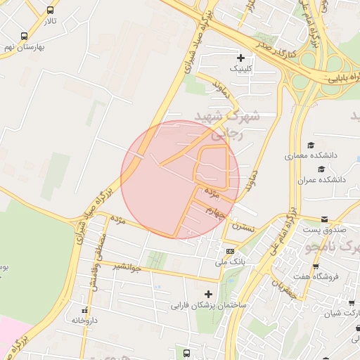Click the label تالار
point(49,22)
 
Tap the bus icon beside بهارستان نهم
point(25,36)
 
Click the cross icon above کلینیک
point(241,57)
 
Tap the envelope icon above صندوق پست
point(324,219)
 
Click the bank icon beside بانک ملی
point(231,251)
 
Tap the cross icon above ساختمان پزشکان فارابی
point(207,294)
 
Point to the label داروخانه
point(85,320)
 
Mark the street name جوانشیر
point(128,266)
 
